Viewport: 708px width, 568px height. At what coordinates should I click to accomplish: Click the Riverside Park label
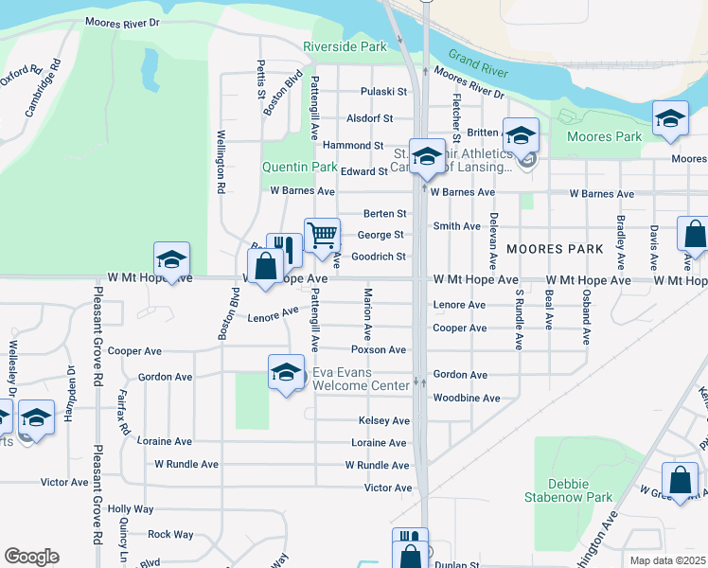click(x=345, y=46)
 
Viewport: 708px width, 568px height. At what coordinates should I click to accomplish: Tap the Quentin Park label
click(x=299, y=167)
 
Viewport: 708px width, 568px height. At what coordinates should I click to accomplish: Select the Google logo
click(x=31, y=557)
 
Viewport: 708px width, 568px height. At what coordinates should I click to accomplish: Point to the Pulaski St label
click(x=383, y=92)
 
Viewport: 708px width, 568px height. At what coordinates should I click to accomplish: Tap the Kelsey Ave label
click(x=384, y=420)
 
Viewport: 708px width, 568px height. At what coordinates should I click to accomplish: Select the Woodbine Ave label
click(x=466, y=399)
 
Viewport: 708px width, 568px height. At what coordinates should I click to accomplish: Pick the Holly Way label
click(x=131, y=509)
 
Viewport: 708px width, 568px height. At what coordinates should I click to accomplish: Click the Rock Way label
click(x=170, y=535)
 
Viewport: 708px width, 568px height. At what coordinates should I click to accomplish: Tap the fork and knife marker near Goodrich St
click(x=284, y=249)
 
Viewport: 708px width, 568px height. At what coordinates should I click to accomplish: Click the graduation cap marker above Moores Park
click(x=670, y=118)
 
